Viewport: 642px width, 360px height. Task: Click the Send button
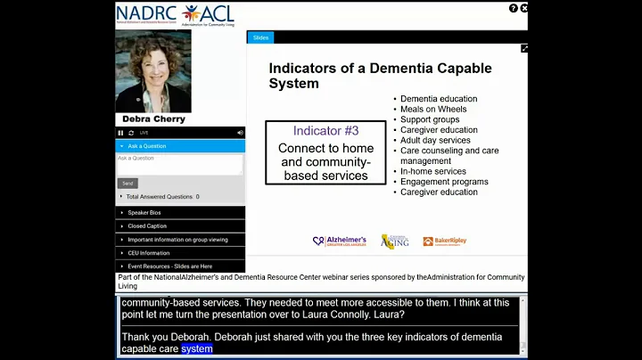click(128, 183)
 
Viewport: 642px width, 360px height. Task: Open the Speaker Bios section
click(144, 213)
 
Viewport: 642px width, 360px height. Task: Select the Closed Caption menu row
click(147, 226)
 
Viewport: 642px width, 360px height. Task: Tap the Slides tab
click(260, 37)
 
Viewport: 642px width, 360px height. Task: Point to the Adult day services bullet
click(435, 140)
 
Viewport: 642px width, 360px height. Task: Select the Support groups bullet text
click(430, 119)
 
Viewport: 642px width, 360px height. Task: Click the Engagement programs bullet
click(444, 182)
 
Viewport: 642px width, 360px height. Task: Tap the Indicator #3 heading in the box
click(325, 131)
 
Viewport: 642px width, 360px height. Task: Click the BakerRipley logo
click(444, 241)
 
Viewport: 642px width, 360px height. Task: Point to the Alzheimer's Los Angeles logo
click(340, 241)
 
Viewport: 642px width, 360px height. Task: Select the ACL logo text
click(219, 12)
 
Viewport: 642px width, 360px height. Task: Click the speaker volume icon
click(240, 133)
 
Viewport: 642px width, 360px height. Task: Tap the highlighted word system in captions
click(197, 349)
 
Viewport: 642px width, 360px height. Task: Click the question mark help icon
click(514, 8)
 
